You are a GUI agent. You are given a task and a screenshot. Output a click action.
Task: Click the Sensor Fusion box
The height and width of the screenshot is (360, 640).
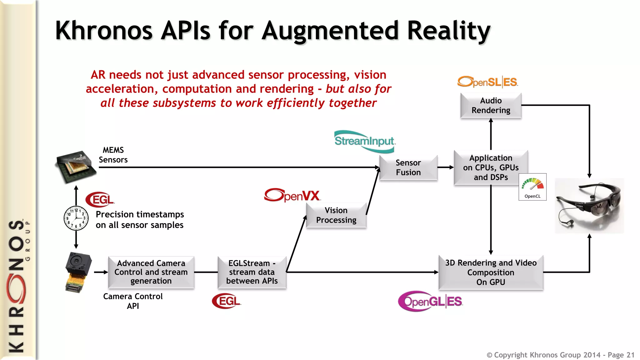click(408, 167)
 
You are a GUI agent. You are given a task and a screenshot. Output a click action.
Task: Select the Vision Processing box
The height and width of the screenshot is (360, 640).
click(336, 215)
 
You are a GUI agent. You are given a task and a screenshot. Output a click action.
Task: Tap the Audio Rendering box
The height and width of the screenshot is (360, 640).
click(491, 105)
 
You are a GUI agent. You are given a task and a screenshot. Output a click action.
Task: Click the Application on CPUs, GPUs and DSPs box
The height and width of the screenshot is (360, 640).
click(491, 167)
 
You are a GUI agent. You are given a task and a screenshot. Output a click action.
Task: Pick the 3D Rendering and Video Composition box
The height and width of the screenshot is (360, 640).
click(491, 272)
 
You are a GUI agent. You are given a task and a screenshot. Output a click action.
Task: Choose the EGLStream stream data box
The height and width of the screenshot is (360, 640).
click(252, 272)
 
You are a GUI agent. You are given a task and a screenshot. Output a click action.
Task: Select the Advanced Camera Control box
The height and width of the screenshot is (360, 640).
click(151, 272)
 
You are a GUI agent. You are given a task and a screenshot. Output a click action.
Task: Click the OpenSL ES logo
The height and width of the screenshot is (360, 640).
click(487, 82)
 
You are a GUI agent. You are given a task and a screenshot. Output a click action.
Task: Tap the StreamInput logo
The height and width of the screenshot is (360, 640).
click(364, 141)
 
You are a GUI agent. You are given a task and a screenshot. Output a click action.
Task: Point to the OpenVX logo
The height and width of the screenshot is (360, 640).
click(292, 195)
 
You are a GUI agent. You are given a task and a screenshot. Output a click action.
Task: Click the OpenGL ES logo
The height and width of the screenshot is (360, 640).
click(430, 301)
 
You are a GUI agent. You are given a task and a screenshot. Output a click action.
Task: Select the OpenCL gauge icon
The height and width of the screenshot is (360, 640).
click(532, 187)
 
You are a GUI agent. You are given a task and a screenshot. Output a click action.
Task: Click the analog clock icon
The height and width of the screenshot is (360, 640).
click(76, 218)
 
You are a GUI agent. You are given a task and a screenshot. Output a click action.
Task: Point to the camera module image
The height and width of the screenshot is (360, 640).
click(78, 272)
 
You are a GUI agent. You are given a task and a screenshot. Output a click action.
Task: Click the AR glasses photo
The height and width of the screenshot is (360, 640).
click(589, 206)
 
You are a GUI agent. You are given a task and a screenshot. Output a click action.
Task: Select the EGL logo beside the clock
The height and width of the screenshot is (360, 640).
click(100, 199)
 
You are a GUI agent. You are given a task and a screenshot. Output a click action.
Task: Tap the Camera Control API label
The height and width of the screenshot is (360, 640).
click(133, 301)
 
